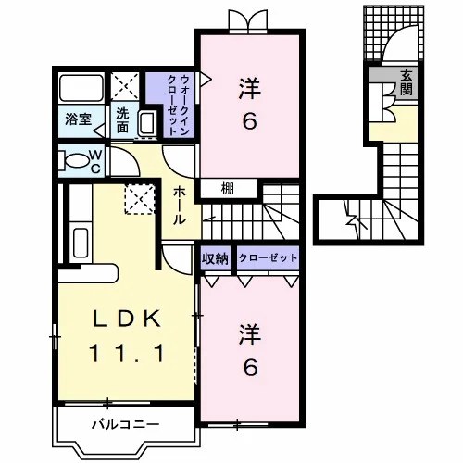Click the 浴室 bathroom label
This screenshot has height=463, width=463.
(x=78, y=119)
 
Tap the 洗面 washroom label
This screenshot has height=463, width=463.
(x=122, y=120)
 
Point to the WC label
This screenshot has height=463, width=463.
(x=95, y=161)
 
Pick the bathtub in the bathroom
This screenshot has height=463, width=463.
(x=81, y=88)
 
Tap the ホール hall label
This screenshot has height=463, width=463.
(x=179, y=206)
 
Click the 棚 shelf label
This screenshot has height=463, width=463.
(x=228, y=189)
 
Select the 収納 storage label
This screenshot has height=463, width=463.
(x=215, y=258)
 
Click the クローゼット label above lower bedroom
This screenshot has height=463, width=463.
(x=268, y=257)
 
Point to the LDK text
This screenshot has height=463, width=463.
(x=127, y=319)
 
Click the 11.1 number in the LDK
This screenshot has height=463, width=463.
(x=126, y=354)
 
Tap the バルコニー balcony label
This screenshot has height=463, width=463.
(x=126, y=425)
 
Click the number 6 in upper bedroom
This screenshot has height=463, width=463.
(x=250, y=121)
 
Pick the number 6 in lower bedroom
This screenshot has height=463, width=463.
(x=250, y=368)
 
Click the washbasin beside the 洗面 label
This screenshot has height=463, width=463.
(x=147, y=123)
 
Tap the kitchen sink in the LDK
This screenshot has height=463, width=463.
(x=81, y=243)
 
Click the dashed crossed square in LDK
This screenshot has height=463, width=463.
(x=140, y=199)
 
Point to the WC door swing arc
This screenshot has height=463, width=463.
(x=131, y=157)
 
